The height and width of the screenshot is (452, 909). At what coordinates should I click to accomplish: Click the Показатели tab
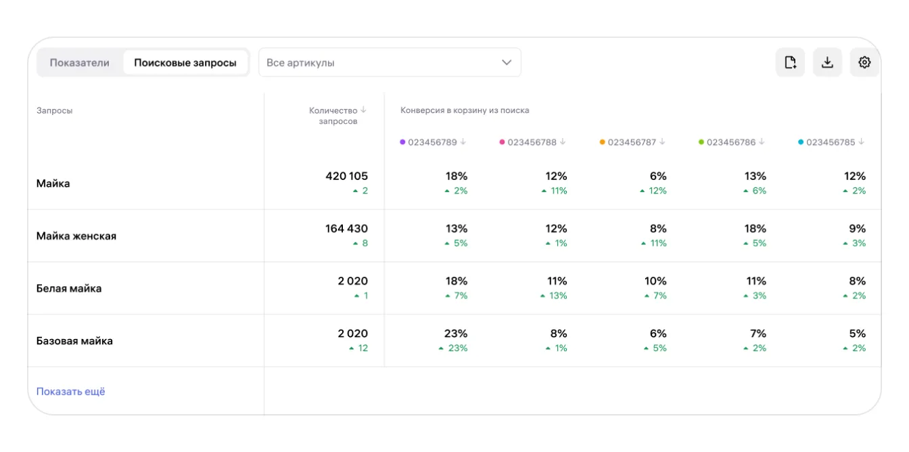click(x=79, y=63)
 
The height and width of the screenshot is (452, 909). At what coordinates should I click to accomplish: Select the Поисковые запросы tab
click(x=185, y=63)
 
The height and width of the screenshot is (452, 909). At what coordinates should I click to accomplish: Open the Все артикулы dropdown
click(x=390, y=63)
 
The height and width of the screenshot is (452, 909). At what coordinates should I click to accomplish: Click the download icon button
click(x=827, y=63)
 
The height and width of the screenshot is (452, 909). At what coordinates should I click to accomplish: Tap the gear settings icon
click(x=864, y=63)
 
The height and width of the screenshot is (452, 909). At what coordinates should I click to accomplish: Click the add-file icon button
click(x=790, y=63)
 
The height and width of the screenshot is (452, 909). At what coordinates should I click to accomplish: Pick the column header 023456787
click(x=632, y=142)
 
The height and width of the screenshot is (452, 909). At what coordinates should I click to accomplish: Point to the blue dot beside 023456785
click(x=801, y=142)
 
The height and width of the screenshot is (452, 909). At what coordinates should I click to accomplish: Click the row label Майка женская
click(x=76, y=236)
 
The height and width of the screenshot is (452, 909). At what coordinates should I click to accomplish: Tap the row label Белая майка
click(x=69, y=288)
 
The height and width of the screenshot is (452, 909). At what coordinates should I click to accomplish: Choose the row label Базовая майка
click(x=74, y=341)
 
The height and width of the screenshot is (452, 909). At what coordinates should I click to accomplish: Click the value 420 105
click(x=346, y=177)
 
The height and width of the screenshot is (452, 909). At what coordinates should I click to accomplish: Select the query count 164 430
click(x=346, y=229)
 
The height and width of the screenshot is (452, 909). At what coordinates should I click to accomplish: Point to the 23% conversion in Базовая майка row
click(x=456, y=334)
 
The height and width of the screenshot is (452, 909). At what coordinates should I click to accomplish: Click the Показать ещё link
click(x=71, y=392)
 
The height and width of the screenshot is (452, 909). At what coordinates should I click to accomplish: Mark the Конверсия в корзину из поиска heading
click(x=465, y=110)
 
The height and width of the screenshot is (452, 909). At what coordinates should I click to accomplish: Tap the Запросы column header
click(x=55, y=110)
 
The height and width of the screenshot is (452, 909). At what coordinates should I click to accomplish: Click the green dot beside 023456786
click(x=701, y=142)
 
